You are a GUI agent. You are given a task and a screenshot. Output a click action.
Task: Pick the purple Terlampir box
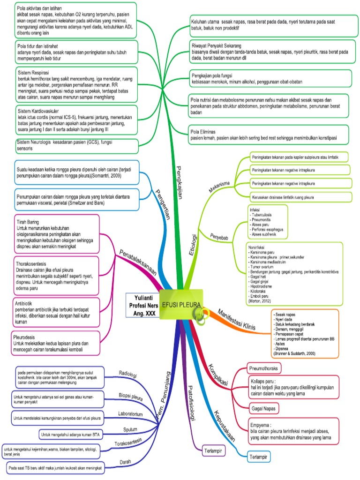coord(213,451)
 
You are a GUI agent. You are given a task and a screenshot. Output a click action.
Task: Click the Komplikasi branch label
coord(217,375)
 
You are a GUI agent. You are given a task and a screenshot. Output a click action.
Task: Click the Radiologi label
coord(127,375)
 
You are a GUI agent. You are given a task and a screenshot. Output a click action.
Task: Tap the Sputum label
coord(130,429)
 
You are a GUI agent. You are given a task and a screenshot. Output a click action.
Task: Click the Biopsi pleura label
coord(130,395)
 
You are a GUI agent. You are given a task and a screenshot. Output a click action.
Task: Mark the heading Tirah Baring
coord(27,222)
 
